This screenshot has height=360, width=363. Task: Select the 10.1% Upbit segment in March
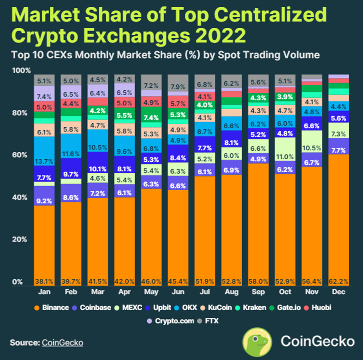pos(99,169)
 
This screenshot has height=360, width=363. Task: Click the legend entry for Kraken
pos(252,307)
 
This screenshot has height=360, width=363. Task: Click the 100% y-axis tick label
pos(19,71)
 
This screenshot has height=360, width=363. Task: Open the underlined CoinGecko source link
pos(62,343)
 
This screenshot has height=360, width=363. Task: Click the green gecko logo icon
pos(256,341)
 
